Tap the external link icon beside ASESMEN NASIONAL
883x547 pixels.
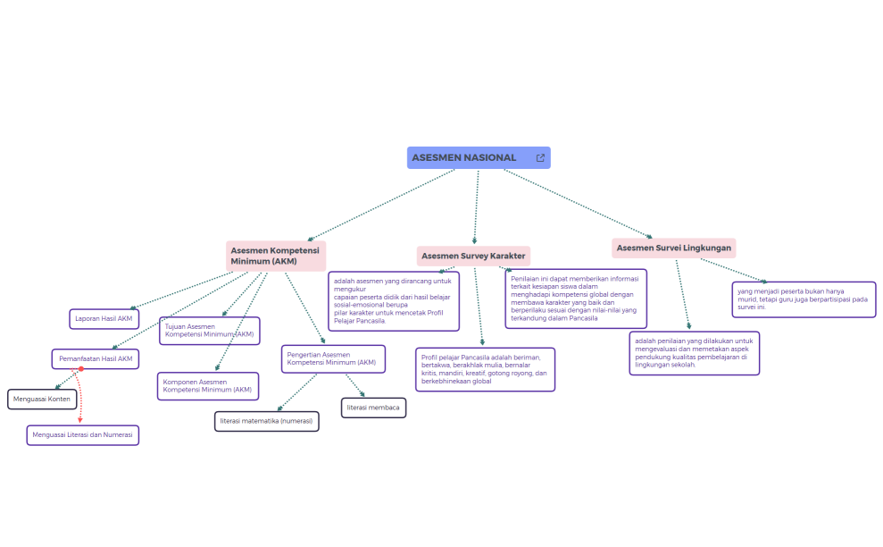point(540,158)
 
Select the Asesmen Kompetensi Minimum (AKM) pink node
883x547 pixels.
point(275,257)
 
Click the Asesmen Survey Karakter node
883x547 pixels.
point(473,257)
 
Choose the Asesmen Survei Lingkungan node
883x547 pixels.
point(674,248)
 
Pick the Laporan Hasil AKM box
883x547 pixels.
point(104,319)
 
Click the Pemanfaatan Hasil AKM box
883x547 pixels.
point(96,359)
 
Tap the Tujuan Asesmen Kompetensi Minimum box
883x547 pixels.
point(210,331)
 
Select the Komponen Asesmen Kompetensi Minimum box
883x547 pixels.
point(208,386)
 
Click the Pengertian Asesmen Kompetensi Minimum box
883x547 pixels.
point(333,359)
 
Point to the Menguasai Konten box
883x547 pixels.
point(42,399)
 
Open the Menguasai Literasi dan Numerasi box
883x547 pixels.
point(83,435)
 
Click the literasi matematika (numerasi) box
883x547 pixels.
point(266,421)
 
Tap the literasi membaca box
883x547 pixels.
point(373,408)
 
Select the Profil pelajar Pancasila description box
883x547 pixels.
point(485,370)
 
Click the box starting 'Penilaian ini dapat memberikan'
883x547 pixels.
point(575,299)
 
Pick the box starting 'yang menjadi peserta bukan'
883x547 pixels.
point(803,299)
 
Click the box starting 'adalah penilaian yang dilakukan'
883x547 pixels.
point(694,353)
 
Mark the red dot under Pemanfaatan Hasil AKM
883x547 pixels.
point(80,369)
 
